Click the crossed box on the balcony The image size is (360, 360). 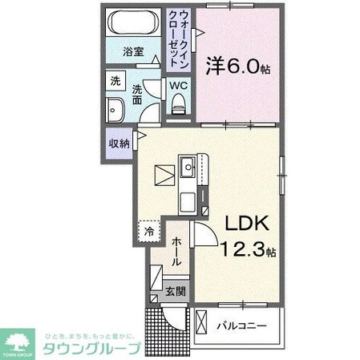click(x=201, y=325)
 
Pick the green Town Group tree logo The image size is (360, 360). click(x=19, y=342)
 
